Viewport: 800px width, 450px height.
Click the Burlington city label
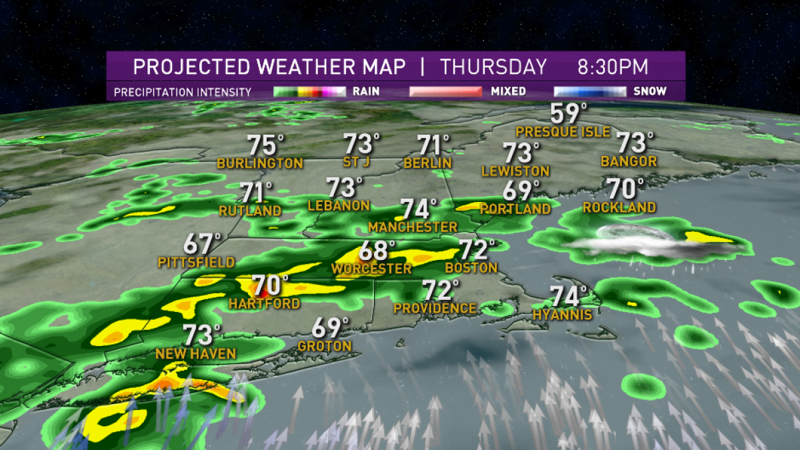260,163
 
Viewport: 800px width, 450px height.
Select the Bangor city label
629,161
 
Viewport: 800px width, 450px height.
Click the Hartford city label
264,304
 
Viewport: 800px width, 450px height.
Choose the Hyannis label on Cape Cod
562,315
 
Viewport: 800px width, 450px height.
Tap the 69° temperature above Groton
331,328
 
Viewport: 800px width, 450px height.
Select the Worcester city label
371,269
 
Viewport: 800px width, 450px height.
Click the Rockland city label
619,208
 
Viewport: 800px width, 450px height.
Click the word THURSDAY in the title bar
493,67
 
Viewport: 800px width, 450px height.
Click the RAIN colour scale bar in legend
309,91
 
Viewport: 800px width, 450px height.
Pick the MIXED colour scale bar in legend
445,91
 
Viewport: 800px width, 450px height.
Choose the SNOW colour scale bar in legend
589,91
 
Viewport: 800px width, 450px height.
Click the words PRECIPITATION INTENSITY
182,92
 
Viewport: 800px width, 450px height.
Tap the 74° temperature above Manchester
418,209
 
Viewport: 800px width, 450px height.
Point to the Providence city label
435,309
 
